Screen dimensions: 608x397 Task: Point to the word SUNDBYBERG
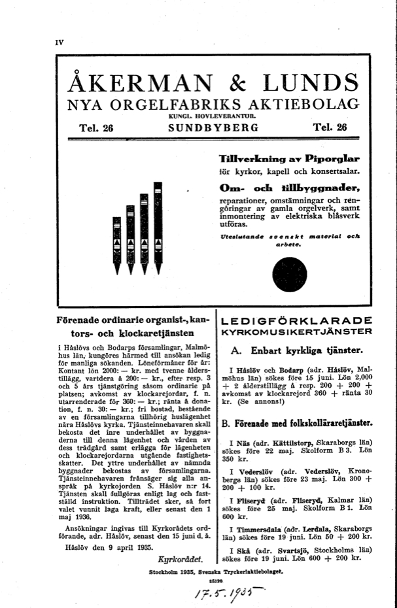click(x=213, y=128)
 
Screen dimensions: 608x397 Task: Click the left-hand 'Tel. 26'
click(x=96, y=128)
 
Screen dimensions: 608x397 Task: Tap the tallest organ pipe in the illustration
click(x=157, y=226)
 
